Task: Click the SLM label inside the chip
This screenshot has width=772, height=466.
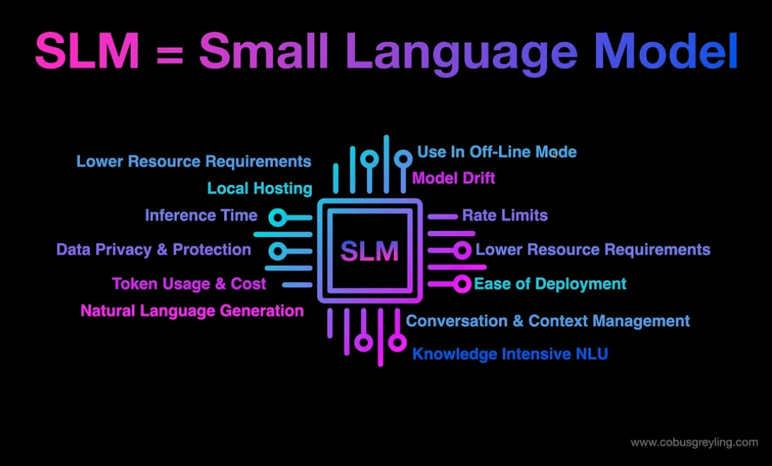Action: click(370, 250)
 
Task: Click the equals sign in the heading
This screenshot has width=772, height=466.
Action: click(170, 53)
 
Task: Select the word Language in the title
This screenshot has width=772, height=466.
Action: click(460, 53)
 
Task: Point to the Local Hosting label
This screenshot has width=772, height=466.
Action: click(260, 188)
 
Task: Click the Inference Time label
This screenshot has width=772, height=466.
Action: click(201, 216)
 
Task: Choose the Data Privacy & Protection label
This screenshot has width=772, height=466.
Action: click(154, 250)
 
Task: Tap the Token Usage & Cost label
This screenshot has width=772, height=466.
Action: click(189, 284)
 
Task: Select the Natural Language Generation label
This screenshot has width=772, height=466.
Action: click(192, 311)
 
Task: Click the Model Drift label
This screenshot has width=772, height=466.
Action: click(454, 178)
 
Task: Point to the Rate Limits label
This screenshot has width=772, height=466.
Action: click(505, 216)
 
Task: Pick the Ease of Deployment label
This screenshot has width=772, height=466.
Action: click(550, 284)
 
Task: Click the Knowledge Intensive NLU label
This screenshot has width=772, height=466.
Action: click(510, 354)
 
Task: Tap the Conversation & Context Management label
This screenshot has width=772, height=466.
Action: click(548, 321)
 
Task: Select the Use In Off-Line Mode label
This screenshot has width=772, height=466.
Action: click(497, 152)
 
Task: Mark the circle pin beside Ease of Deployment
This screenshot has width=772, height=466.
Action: click(462, 284)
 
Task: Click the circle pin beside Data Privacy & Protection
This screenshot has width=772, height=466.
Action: click(277, 250)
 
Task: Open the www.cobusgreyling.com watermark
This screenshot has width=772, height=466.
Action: click(694, 442)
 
